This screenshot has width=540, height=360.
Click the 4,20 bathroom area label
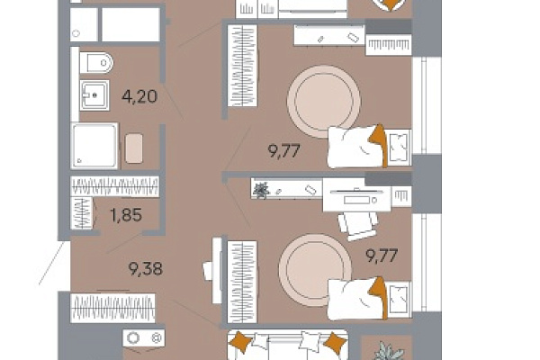coord(139,96)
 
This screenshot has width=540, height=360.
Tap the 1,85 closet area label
coord(126,215)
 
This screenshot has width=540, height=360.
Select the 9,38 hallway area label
coord(145,269)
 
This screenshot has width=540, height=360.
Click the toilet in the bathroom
coord(96,63)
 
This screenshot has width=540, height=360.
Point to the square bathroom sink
coord(94,95)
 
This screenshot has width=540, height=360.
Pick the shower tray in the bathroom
coord(94,146)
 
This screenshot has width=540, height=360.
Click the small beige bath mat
coord(134,148)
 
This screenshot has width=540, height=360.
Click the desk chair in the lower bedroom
coord(357,225)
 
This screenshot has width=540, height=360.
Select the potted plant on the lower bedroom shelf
coord(261,190)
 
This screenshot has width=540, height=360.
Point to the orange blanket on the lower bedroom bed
coord(379,296)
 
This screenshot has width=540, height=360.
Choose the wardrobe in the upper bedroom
coord(242,66)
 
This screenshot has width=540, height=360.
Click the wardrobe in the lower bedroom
coord(242,282)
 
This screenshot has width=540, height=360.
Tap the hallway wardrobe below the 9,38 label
coord(112,308)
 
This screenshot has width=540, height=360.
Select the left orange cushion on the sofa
coord(241,342)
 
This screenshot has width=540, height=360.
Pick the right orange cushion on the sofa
coord(335,343)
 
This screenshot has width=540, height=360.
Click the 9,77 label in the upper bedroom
coord(284,151)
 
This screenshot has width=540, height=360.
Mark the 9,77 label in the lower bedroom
coord(382,256)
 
